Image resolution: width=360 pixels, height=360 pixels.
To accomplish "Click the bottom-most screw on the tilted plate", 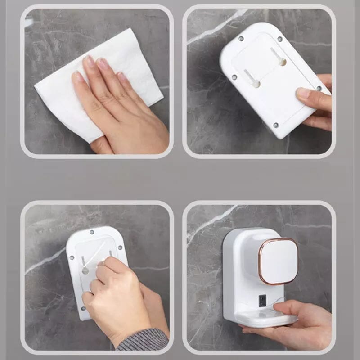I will click(276, 126).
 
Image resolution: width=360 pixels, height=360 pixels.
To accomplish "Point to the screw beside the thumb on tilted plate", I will click(319, 88).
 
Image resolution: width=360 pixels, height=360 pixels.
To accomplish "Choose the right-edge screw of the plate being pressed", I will click(120, 246).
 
